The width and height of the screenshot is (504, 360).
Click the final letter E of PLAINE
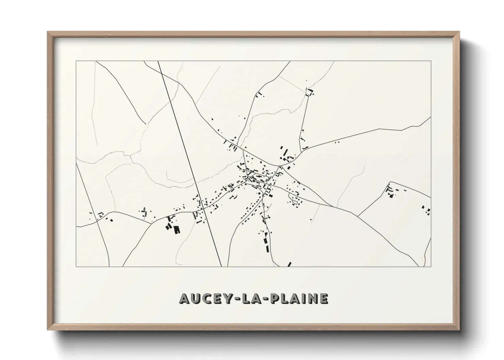pos(323,298)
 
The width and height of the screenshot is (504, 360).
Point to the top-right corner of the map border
pos(431,61)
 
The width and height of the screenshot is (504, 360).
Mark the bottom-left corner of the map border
pos(76,266)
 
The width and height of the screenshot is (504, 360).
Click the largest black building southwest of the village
pos(176,230)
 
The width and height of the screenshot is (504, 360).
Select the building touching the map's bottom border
pos(289,264)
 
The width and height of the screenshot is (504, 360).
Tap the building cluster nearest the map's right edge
pos(426,210)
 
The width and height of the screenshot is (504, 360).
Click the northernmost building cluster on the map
pos(310,92)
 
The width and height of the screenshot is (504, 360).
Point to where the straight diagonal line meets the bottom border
pos(222,266)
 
